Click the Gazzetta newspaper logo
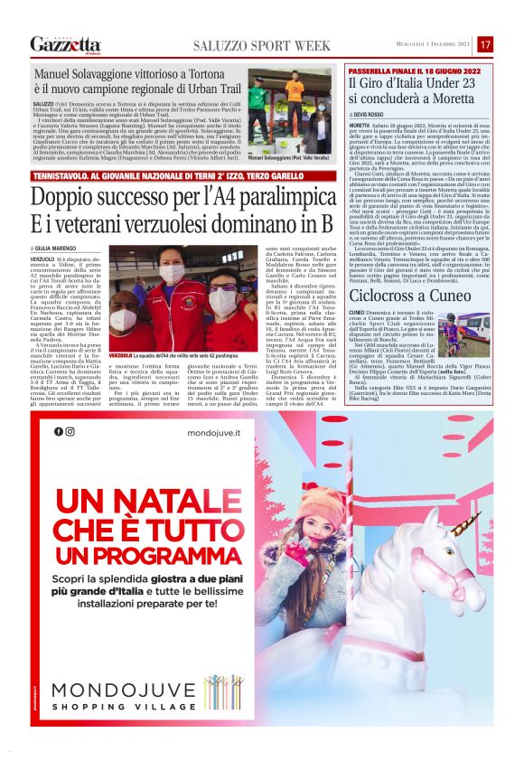(x=65, y=44)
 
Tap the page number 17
(x=485, y=44)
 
